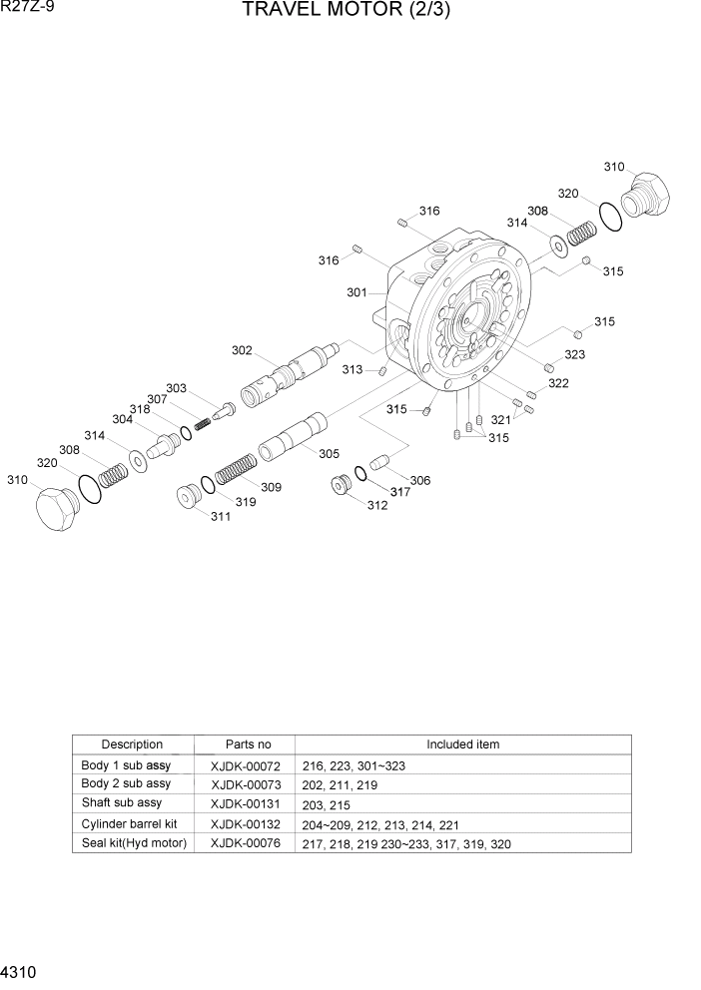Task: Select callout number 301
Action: pos(357,292)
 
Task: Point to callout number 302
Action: pos(242,350)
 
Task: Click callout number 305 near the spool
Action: pos(329,453)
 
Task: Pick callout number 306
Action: pos(420,480)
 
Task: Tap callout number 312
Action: pos(376,505)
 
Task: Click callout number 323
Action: pos(574,354)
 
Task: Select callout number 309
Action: pos(271,487)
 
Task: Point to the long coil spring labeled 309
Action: pos(236,466)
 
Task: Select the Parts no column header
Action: pos(248,744)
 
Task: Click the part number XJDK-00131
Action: pos(246,803)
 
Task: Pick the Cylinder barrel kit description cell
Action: pos(129,824)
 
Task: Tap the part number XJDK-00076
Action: pos(246,843)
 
